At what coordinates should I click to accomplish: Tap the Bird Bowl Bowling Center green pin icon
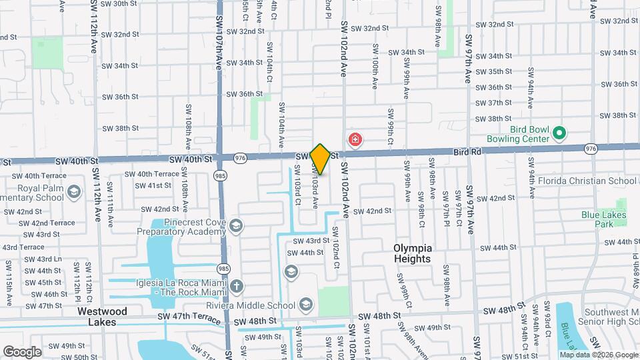coord(559,133)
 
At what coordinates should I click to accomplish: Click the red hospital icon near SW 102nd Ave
coord(355,139)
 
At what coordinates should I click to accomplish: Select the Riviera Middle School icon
coord(306,305)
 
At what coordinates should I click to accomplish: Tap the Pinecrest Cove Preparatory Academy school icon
coord(235,227)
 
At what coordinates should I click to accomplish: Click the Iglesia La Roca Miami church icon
coord(237,287)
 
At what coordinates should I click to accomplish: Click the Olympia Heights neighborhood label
coord(413,253)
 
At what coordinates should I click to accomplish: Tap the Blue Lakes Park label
coord(603,219)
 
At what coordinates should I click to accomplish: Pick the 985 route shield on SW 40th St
coord(220,175)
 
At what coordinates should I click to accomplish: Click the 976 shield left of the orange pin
coord(241,157)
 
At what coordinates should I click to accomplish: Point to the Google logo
coord(22,351)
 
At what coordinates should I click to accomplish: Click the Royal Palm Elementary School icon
coord(75,193)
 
